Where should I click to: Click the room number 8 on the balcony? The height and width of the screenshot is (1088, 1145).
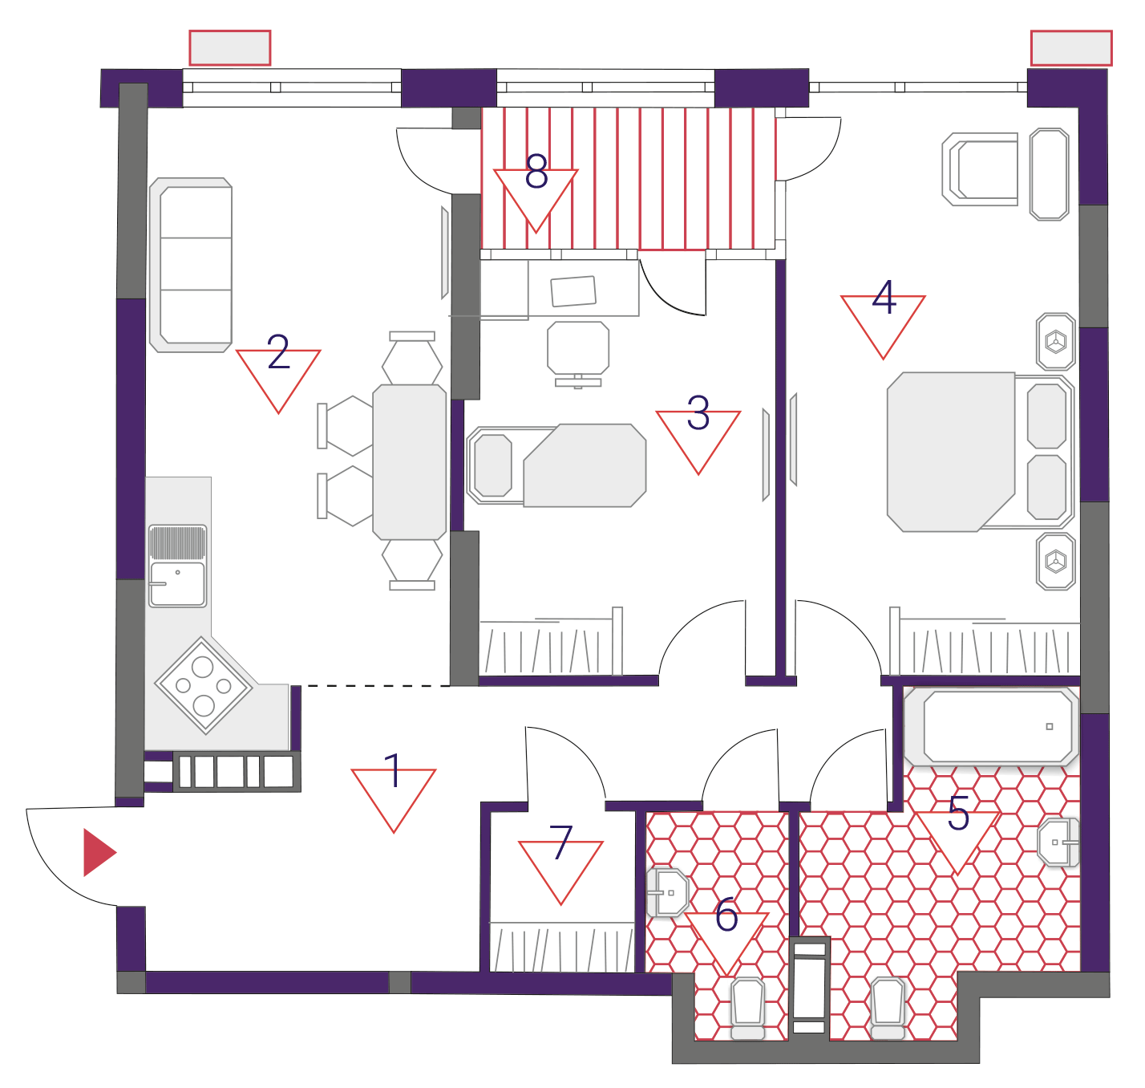point(536,172)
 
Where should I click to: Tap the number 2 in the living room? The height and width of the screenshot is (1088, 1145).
point(278,351)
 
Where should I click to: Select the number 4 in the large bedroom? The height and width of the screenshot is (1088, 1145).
point(884,297)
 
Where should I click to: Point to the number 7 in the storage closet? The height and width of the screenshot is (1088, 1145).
point(560,842)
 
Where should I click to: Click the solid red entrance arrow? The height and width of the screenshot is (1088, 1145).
point(99,852)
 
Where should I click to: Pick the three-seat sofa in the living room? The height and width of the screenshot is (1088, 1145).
point(191,265)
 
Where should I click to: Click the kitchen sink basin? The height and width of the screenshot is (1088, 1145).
point(178,584)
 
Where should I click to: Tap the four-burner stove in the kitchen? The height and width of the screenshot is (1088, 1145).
point(203,684)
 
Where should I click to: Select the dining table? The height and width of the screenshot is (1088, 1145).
point(410,462)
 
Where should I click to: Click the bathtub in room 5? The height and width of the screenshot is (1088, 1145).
point(991,726)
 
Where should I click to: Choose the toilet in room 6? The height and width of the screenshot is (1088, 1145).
point(748,1009)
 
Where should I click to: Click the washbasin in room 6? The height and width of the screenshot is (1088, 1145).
point(668,892)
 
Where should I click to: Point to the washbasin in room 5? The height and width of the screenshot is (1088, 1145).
point(1058,842)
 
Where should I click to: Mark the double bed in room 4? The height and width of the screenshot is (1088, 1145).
point(980,453)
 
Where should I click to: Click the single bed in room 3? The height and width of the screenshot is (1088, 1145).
point(556,465)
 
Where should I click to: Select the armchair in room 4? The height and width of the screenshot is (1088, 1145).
point(980,169)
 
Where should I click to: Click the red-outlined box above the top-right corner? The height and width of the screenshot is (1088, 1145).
point(1071,48)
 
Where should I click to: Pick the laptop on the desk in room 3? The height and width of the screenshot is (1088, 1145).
point(573,290)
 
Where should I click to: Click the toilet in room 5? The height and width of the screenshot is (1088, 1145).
point(888,1008)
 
